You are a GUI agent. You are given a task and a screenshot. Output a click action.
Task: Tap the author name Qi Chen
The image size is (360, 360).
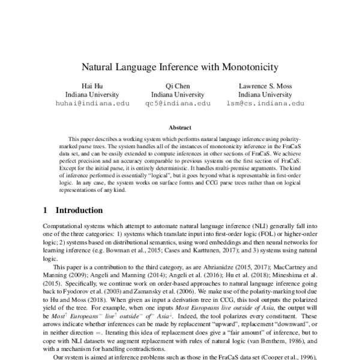tap(178, 85)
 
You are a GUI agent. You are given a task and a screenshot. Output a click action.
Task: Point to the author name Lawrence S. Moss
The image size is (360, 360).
tap(266, 85)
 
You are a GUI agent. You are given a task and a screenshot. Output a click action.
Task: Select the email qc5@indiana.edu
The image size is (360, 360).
tap(178, 103)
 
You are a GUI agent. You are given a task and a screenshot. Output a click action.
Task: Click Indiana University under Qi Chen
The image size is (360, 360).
tap(178, 94)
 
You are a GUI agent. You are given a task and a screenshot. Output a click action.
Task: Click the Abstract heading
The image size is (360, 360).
tap(180, 128)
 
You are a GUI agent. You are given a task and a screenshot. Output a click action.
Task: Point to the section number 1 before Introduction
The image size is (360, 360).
tap(46, 211)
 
